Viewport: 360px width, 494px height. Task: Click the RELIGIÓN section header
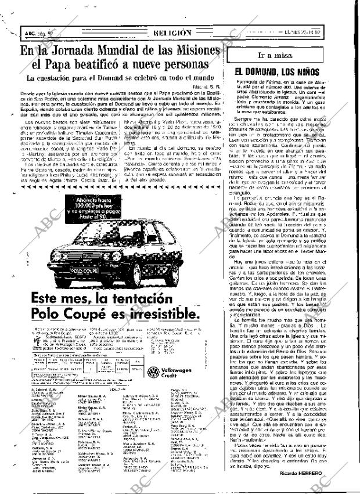point(172,34)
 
